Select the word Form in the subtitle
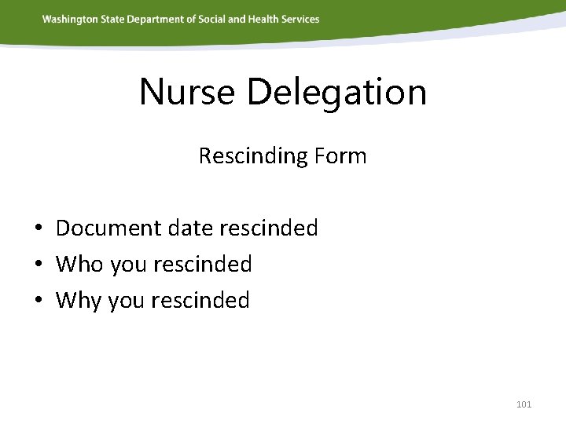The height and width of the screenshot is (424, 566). click(x=340, y=156)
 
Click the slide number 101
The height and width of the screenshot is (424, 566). click(x=524, y=404)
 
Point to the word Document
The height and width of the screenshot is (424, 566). click(x=105, y=228)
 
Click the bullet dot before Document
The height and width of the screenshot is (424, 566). click(x=38, y=229)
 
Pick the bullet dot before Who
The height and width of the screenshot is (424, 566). click(x=38, y=265)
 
